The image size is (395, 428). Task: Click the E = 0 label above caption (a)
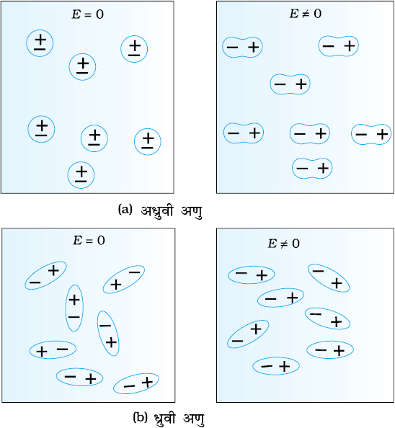(x=88, y=14)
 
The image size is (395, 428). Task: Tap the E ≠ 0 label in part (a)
(x=306, y=14)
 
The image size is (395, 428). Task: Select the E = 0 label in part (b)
(x=89, y=241)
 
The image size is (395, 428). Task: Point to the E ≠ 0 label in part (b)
(x=283, y=244)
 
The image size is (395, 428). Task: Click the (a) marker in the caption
(x=125, y=210)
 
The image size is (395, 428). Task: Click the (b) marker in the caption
(x=140, y=417)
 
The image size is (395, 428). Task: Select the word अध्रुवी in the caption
(x=157, y=211)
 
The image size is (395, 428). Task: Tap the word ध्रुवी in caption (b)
(x=164, y=419)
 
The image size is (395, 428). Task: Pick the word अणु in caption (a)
(x=192, y=212)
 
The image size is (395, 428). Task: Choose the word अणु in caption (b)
(x=194, y=419)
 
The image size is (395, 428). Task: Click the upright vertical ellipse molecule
(x=66, y=308)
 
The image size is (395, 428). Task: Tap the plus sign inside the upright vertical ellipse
(x=74, y=300)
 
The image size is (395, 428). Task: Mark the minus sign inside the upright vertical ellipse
(x=74, y=317)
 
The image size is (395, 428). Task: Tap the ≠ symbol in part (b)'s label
(x=284, y=244)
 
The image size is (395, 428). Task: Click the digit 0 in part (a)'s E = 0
(x=100, y=14)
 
